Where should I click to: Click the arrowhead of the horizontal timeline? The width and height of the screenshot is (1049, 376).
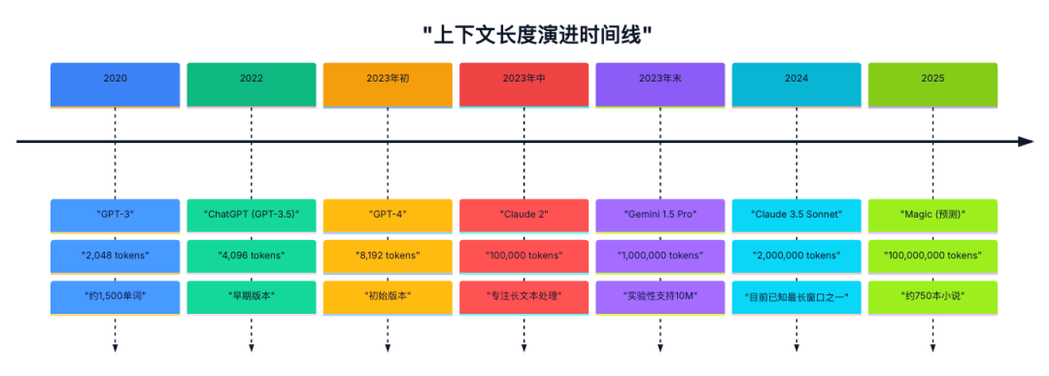[1027, 142]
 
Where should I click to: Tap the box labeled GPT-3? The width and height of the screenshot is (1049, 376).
[116, 214]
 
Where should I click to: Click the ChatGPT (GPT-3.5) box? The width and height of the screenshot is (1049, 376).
[252, 214]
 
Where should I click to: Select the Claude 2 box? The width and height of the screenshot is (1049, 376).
[524, 214]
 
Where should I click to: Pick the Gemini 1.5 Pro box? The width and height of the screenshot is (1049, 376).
[660, 214]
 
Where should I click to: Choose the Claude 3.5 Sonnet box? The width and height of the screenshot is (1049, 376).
[796, 214]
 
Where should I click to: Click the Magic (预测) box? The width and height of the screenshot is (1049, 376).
[932, 214]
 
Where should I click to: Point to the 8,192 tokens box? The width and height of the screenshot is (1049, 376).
[388, 256]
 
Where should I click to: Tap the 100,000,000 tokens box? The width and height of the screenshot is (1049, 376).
[932, 256]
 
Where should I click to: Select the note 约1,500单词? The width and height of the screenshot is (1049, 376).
[116, 296]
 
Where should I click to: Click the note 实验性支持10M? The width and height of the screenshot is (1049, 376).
[660, 296]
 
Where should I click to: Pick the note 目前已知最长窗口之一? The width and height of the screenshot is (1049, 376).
[796, 296]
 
